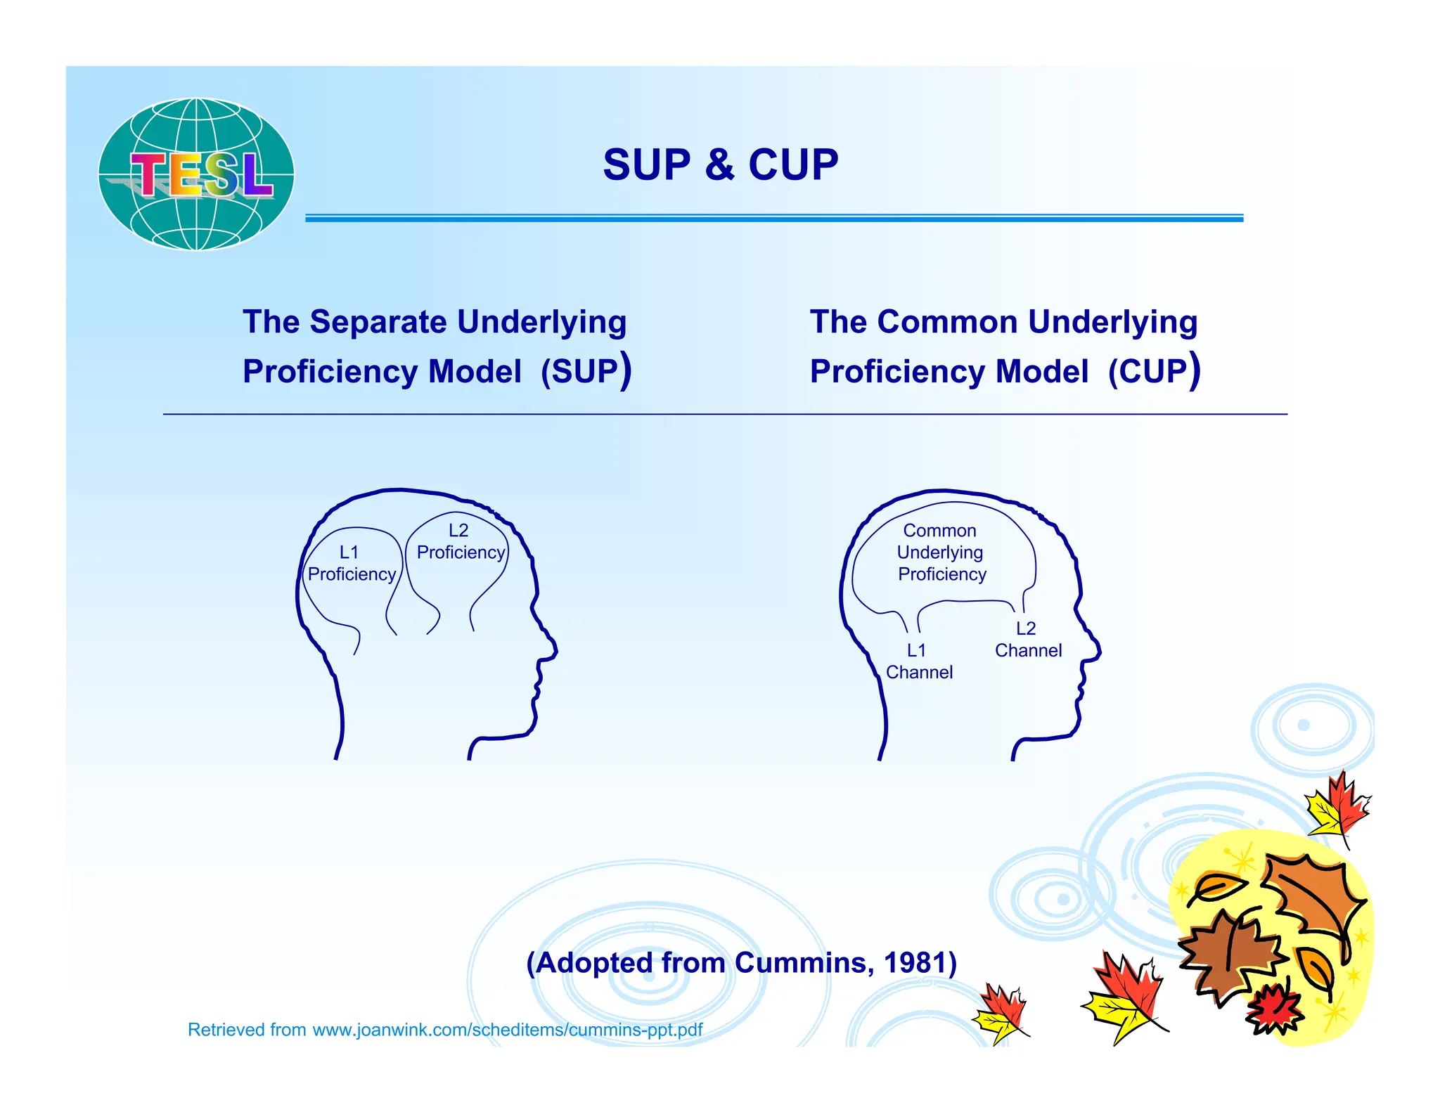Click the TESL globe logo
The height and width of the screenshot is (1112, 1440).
pos(196,174)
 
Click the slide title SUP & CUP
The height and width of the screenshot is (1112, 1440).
pos(721,164)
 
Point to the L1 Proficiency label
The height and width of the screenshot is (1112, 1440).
pos(352,563)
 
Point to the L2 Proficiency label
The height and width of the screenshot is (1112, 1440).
pos(461,541)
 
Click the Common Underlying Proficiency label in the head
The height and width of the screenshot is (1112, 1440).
pos(941,552)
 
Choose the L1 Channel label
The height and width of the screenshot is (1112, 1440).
pos(919,661)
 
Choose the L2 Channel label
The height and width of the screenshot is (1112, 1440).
pos(1028,640)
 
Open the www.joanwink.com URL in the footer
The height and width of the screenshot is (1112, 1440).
pos(508,1030)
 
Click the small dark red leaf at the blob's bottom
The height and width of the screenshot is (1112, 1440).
pos(1275,1009)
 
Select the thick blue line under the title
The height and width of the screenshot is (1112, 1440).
pos(774,219)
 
